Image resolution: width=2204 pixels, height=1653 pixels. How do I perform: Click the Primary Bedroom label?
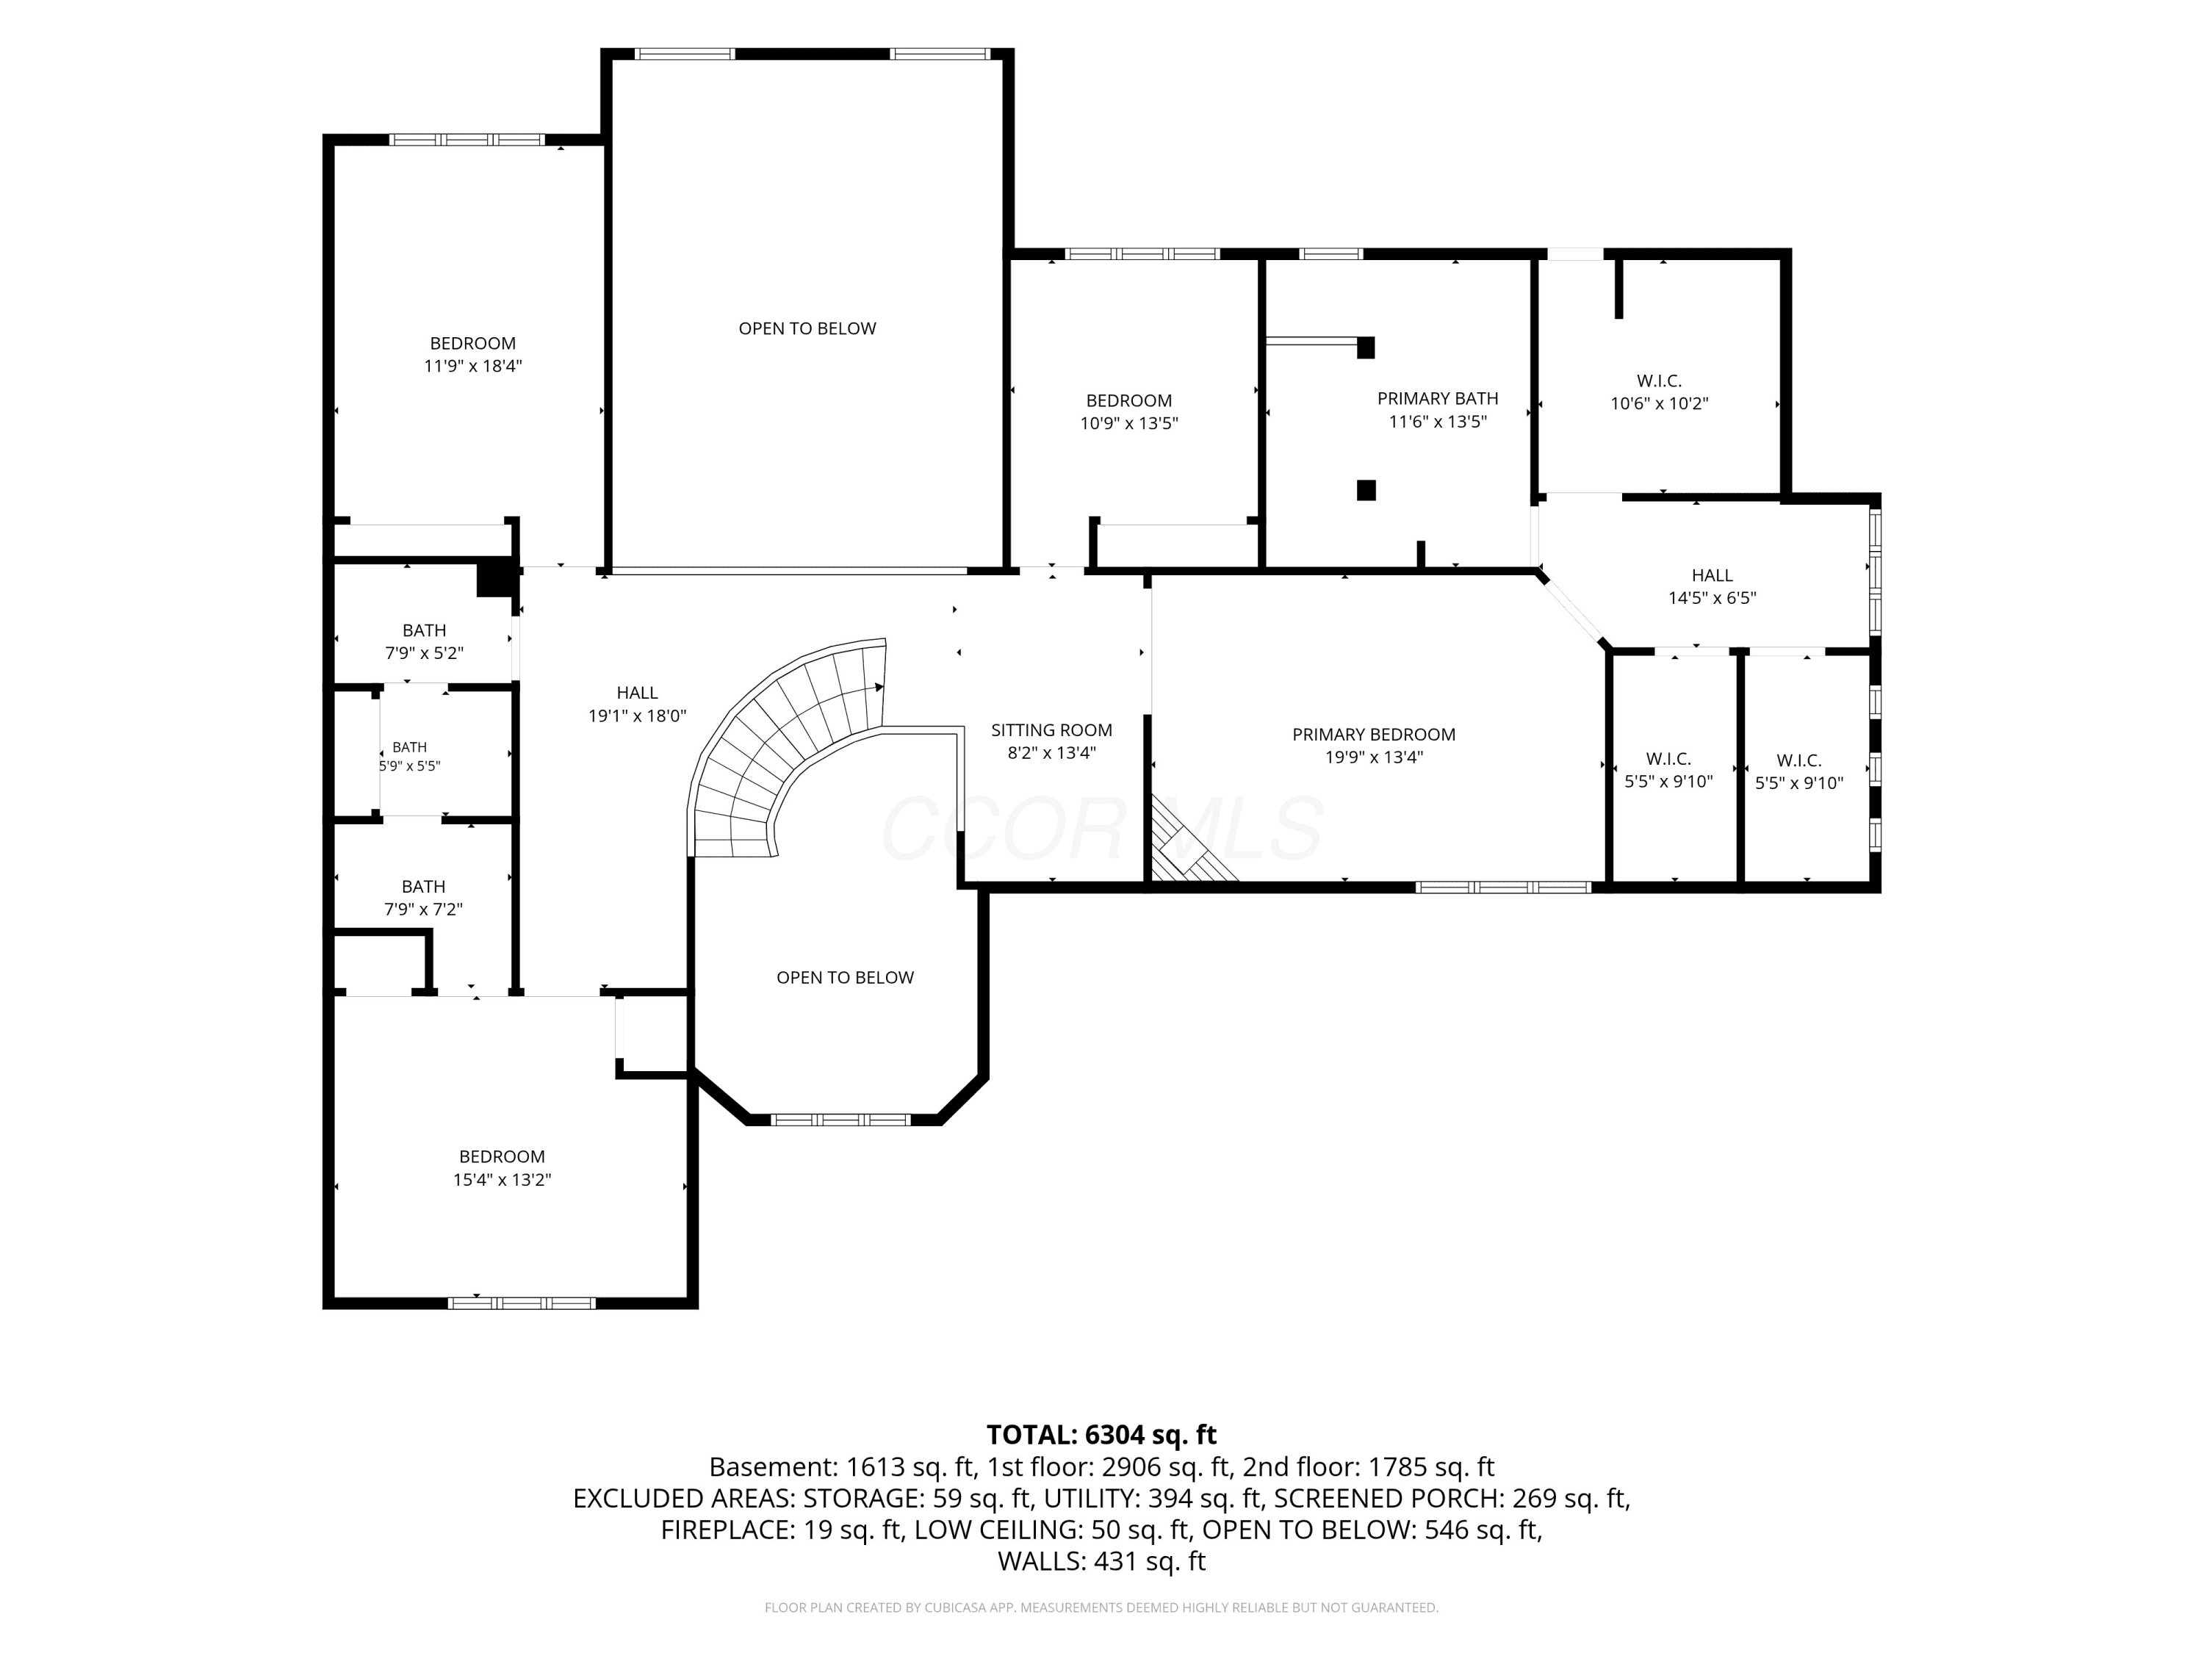coord(1373,735)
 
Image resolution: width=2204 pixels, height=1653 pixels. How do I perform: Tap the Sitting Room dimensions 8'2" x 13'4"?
coord(1051,753)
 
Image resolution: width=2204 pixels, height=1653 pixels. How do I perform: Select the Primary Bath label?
coord(1438,398)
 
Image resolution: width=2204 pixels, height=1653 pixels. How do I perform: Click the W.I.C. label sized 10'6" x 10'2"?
coord(1659,392)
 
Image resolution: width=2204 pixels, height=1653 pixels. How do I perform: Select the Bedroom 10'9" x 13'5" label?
coord(1129,411)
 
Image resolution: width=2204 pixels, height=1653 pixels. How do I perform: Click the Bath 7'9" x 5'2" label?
coord(425,641)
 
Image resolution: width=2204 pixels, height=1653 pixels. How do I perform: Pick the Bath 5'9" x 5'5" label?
coord(409,756)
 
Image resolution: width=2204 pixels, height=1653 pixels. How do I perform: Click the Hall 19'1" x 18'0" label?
coord(637,704)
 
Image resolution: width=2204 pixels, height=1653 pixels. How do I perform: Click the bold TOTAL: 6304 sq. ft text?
coord(1101,1435)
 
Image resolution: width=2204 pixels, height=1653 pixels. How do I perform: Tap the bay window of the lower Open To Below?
coord(842,1120)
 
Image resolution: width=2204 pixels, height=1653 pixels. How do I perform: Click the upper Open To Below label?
coord(807,329)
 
